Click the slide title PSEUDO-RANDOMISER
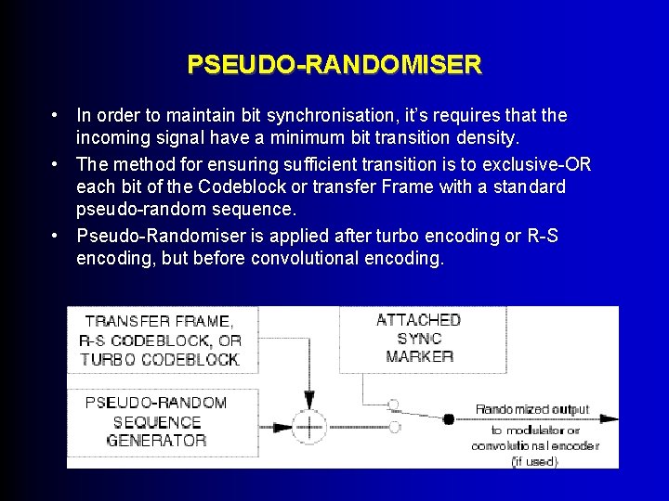(x=334, y=65)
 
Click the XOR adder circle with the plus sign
(x=308, y=426)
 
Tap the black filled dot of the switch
(x=448, y=419)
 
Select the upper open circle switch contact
(x=394, y=405)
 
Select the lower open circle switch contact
(x=394, y=426)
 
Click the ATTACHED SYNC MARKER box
(x=419, y=338)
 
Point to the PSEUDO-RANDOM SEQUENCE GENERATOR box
(x=156, y=421)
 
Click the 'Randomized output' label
(x=532, y=409)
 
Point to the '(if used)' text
(x=534, y=461)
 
